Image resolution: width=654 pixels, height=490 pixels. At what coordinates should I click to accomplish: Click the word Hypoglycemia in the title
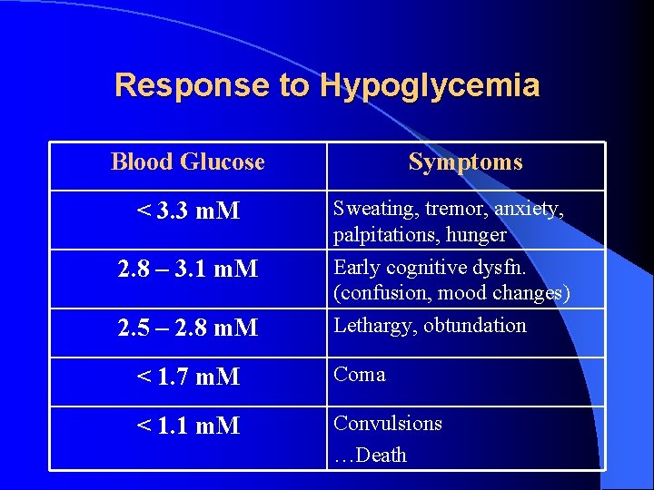click(430, 86)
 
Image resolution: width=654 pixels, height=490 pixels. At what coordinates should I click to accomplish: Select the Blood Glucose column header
click(187, 162)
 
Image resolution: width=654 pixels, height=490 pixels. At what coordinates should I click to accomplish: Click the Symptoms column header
click(465, 162)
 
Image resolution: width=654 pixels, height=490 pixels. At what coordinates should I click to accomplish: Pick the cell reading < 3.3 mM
click(187, 211)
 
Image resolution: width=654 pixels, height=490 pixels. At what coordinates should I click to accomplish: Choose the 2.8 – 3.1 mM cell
click(187, 269)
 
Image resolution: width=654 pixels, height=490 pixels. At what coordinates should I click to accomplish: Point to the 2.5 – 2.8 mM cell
click(187, 327)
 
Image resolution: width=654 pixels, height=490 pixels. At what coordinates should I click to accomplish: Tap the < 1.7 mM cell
click(187, 375)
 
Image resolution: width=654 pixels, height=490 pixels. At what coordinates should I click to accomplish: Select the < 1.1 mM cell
click(187, 425)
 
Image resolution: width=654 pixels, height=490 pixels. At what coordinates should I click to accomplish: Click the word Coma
click(360, 375)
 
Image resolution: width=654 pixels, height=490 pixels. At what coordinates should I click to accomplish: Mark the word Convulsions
click(388, 424)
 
